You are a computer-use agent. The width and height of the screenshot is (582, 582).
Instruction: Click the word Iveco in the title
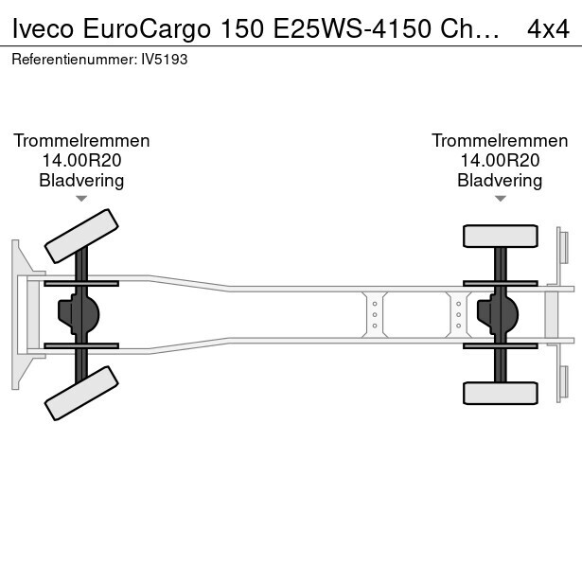[x=43, y=28]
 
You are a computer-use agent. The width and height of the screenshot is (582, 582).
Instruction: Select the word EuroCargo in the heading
[x=147, y=29]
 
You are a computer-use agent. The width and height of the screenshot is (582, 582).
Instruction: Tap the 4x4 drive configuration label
[x=548, y=29]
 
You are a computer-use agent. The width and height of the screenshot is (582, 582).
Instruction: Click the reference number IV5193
[x=165, y=60]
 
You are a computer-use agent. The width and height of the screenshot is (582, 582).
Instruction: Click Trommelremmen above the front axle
[x=81, y=141]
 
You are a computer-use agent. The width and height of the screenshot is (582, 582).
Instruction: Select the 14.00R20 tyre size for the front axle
[x=81, y=160]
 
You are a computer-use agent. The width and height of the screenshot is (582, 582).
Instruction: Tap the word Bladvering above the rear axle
[x=500, y=181]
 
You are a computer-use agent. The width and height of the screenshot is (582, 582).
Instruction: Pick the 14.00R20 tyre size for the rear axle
[x=500, y=160]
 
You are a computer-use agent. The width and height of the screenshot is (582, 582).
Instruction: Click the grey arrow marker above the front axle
[x=81, y=199]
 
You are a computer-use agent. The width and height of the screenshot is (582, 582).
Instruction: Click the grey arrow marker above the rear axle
[x=500, y=199]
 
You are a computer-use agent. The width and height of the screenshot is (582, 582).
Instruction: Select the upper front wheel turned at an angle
[x=81, y=236]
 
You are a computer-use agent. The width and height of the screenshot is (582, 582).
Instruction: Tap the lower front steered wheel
[x=81, y=393]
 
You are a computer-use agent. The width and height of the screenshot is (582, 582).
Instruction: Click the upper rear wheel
[x=501, y=236]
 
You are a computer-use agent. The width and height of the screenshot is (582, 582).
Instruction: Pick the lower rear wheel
[x=501, y=393]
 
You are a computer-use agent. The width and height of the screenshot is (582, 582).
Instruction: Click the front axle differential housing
[x=79, y=314]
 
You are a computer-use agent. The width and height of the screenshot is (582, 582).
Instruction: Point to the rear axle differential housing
[x=498, y=314]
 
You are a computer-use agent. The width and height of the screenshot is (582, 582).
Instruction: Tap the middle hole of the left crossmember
[x=375, y=315]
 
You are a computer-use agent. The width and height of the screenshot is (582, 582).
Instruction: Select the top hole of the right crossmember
[x=459, y=304]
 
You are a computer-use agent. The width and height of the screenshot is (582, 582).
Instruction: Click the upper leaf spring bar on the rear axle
[x=501, y=284]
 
